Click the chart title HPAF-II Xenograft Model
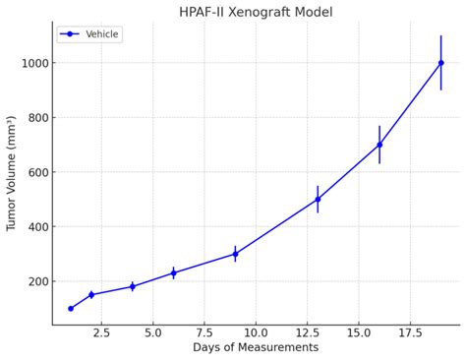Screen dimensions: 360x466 [x=256, y=12]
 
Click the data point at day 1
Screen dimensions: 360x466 [x=71, y=308]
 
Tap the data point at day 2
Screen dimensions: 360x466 [x=91, y=294]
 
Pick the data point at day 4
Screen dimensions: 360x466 [x=133, y=286]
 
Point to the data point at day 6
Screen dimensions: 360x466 [x=173, y=272]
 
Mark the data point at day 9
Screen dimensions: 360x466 [x=235, y=254]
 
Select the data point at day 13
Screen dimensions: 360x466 [x=318, y=199]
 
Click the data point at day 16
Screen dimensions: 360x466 [x=379, y=145]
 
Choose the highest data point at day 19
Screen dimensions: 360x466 [x=440, y=63]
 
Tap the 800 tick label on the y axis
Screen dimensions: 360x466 [x=35, y=118]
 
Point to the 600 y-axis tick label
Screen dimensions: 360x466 [x=35, y=172]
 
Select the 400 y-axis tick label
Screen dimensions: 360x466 [x=35, y=227]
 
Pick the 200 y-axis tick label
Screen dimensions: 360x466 [x=35, y=281]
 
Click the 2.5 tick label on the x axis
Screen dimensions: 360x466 [x=101, y=333]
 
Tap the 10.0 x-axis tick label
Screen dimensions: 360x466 [x=256, y=333]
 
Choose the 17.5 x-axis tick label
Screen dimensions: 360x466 [x=410, y=333]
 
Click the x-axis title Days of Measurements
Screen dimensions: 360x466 [x=256, y=348]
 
